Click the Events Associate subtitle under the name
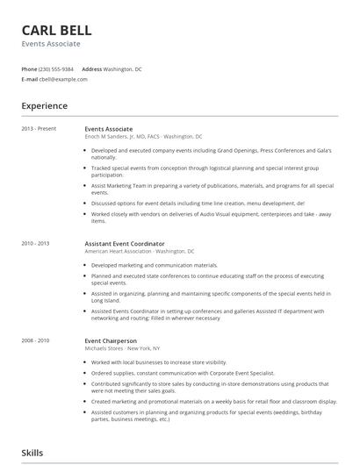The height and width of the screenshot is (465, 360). click(x=51, y=43)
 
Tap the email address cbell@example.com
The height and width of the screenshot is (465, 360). click(x=63, y=79)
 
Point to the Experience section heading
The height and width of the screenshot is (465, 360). click(x=44, y=106)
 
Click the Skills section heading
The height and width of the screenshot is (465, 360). click(x=32, y=453)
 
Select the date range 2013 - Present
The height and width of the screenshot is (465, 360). click(x=39, y=129)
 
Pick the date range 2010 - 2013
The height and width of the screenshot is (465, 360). click(x=36, y=243)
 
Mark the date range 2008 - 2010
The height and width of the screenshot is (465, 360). click(x=36, y=340)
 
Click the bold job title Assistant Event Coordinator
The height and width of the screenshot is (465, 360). click(x=125, y=243)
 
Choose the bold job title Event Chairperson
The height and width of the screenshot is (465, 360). click(x=111, y=340)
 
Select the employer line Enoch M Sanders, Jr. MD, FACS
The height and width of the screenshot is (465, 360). click(x=143, y=137)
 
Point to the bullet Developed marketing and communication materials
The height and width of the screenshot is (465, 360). click(x=155, y=264)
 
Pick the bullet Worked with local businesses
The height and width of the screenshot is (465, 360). click(x=159, y=361)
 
